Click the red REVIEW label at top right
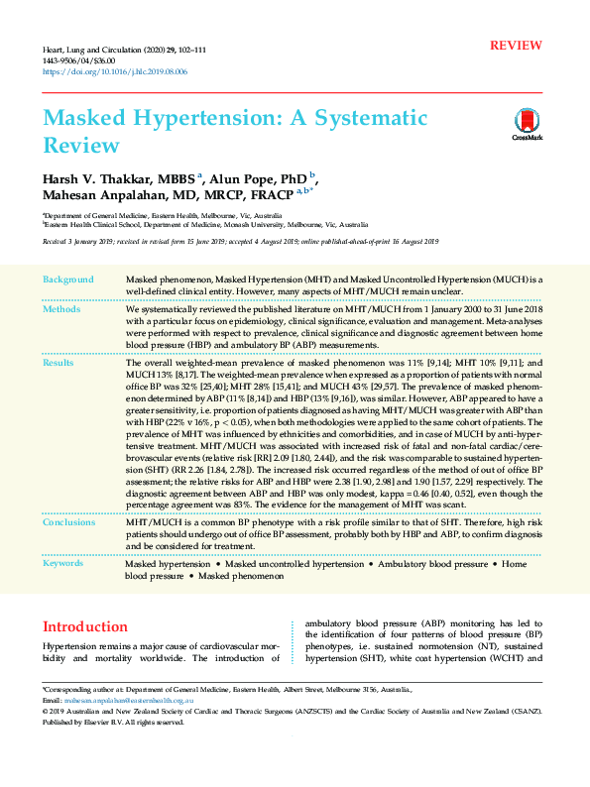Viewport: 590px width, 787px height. tap(516, 46)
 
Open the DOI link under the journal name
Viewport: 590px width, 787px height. tap(114, 72)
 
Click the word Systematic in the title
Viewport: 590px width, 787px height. tap(370, 119)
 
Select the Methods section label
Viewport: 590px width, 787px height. tap(61, 309)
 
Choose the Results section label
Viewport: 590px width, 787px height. tap(59, 364)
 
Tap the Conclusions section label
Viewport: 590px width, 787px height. tap(69, 520)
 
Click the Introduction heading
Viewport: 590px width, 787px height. tap(85, 626)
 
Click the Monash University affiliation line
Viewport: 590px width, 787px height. tap(204, 225)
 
